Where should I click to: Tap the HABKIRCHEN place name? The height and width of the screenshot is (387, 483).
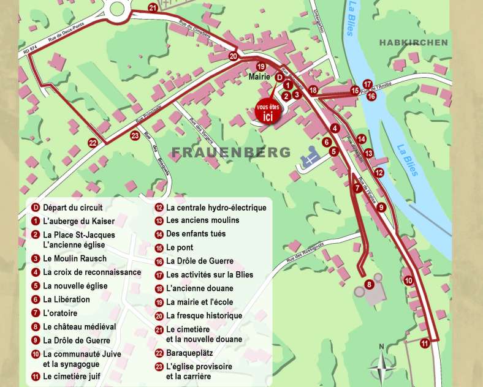[413, 42]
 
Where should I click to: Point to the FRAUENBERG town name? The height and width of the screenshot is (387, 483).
[230, 152]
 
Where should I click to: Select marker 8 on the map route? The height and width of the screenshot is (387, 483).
[369, 284]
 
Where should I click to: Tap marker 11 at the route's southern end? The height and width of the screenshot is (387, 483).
[424, 344]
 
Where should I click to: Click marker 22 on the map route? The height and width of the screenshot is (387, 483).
[93, 143]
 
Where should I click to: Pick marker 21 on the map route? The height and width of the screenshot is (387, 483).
[153, 7]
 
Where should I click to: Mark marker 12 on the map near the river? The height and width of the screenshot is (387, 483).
[379, 173]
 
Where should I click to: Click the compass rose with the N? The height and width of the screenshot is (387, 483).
[381, 366]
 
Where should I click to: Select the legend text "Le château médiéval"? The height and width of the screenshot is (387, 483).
[79, 327]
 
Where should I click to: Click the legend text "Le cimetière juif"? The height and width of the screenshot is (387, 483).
[71, 376]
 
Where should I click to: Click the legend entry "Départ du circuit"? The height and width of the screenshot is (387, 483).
[72, 208]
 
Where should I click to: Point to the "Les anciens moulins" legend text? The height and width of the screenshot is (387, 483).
[202, 220]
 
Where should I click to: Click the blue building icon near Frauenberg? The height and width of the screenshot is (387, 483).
[310, 161]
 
